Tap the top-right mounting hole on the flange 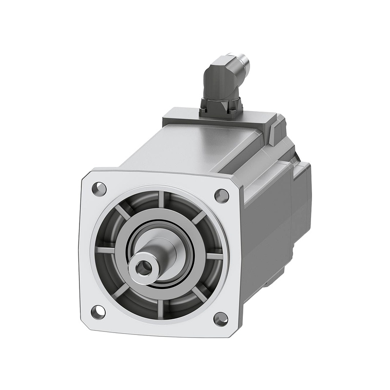pos(221,195)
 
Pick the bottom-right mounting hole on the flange pos(220,319)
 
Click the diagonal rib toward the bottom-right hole pos(198,294)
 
